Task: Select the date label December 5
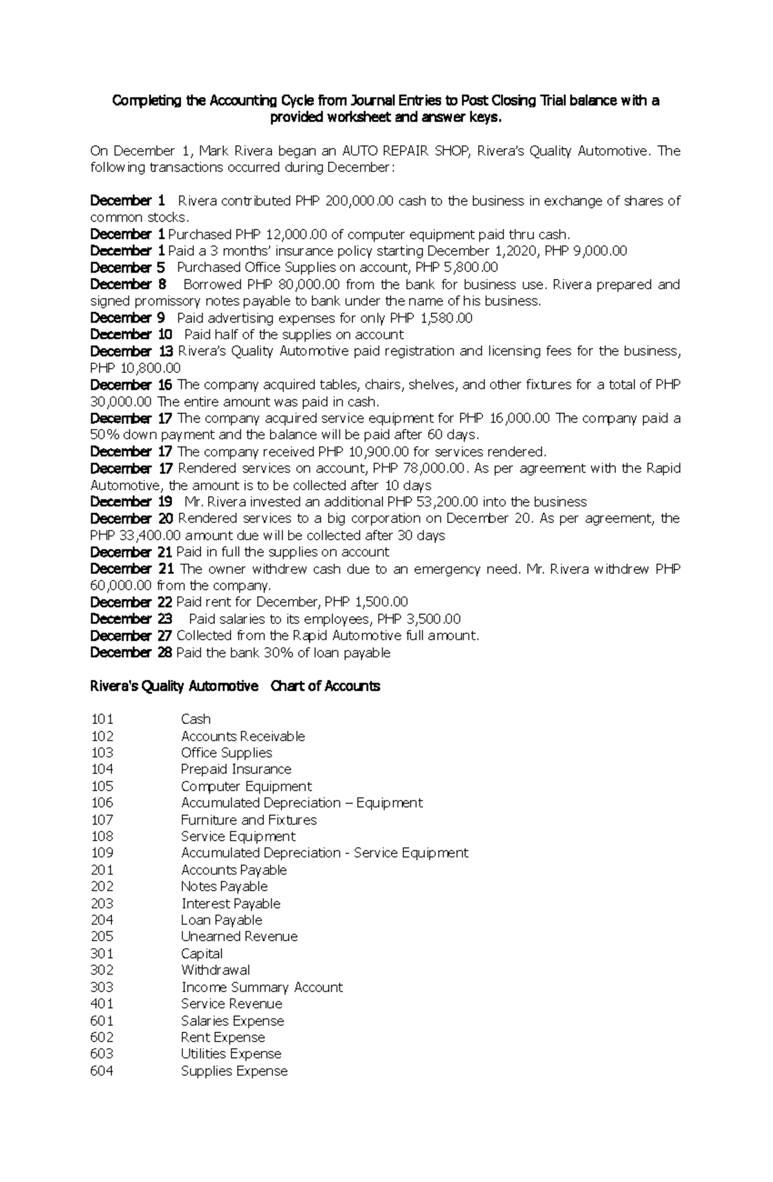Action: point(128,267)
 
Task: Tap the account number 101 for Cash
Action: point(102,719)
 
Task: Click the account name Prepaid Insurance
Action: point(236,769)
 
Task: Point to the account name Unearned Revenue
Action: point(239,937)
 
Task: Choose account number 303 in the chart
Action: point(102,987)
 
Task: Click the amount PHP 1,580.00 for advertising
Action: point(431,318)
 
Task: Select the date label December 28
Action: point(131,653)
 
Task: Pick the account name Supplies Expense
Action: point(234,1071)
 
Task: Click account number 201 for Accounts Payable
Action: point(102,870)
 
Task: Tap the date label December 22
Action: point(131,602)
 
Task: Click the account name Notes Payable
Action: point(224,886)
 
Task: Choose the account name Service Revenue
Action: point(231,1004)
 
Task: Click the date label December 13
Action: point(131,351)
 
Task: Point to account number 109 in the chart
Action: point(102,853)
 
